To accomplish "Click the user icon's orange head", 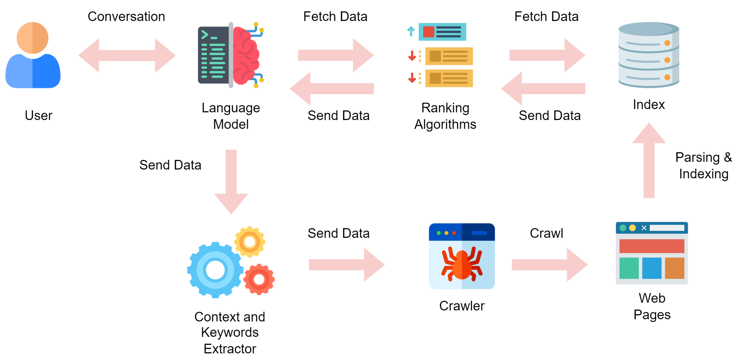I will coord(32,38).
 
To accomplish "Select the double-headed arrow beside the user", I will coord(127,55).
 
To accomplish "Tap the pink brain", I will coord(246,55).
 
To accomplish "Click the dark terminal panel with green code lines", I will coord(213,55).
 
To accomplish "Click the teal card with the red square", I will coord(442,32).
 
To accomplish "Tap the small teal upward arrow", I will coord(411,30).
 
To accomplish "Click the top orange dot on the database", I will coord(667,43).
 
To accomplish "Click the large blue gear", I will coord(215,270).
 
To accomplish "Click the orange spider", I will coord(462,265).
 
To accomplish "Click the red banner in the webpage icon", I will coord(652,246).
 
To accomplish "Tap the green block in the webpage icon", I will coord(629,268).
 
